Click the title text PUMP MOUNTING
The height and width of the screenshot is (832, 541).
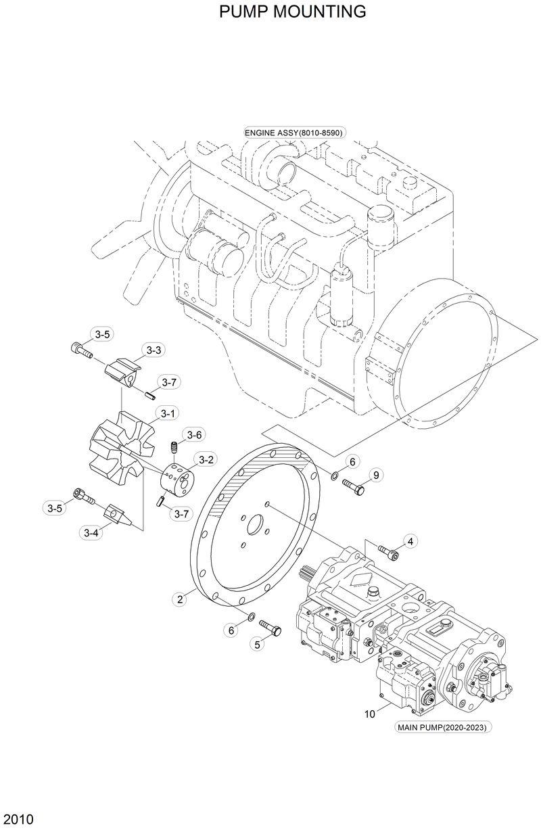(x=293, y=11)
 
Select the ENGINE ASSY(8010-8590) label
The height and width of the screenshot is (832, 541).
(x=294, y=133)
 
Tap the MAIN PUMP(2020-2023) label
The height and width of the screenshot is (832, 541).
(x=442, y=728)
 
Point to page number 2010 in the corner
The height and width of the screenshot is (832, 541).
(x=18, y=820)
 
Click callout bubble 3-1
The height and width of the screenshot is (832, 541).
(x=166, y=413)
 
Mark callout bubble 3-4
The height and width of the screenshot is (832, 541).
(x=92, y=533)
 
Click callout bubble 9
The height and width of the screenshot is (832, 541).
(x=376, y=474)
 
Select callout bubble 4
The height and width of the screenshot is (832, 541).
(x=410, y=540)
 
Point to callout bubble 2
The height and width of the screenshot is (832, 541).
(x=181, y=599)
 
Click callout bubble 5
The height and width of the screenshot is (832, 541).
(x=258, y=645)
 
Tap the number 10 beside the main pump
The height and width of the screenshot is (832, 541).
(x=370, y=713)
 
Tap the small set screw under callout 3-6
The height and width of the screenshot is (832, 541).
(x=173, y=448)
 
